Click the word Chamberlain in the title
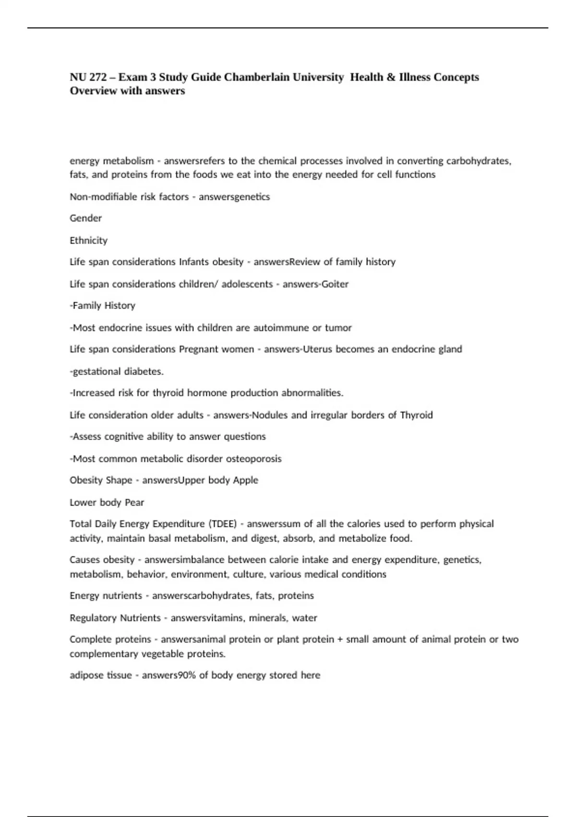click(284, 77)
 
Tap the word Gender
click(86, 218)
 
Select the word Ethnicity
click(88, 240)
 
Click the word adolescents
click(247, 284)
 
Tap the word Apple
click(245, 480)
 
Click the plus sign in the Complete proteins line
click(340, 640)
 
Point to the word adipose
click(85, 675)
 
